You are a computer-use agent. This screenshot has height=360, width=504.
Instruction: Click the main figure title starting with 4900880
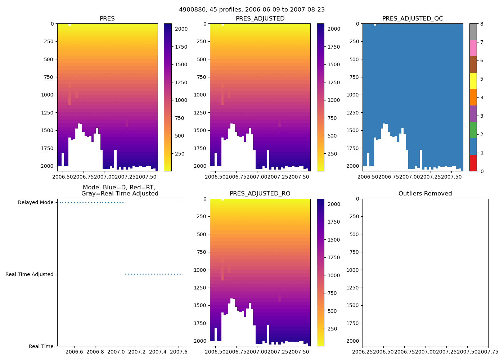click(x=252, y=10)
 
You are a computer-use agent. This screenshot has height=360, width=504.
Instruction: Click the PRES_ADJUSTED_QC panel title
click(x=413, y=19)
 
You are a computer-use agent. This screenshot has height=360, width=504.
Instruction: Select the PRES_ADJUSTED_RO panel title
click(x=260, y=194)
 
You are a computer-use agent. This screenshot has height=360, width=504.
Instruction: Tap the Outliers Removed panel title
click(x=425, y=194)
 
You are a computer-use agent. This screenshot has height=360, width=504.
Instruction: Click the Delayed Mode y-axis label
click(x=35, y=203)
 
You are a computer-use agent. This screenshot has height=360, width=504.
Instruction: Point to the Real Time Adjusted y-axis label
click(x=30, y=274)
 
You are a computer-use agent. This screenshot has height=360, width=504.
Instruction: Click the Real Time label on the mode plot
click(x=41, y=346)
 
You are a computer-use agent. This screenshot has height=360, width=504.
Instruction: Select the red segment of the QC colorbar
click(x=473, y=163)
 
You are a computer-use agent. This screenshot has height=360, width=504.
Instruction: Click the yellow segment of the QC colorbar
click(x=473, y=81)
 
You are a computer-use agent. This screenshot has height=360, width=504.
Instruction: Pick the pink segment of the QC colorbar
click(x=473, y=48)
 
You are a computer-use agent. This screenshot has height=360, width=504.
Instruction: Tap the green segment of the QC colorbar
click(x=473, y=130)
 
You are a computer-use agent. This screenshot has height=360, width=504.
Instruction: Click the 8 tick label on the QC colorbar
click(x=482, y=24)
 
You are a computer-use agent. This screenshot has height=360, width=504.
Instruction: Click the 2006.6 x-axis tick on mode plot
click(x=75, y=351)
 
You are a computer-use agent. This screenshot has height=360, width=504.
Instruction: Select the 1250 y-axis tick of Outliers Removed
click(x=353, y=288)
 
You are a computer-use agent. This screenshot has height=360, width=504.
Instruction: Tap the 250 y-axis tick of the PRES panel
click(x=49, y=41)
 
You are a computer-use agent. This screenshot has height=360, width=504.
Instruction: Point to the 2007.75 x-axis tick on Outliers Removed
click(x=488, y=351)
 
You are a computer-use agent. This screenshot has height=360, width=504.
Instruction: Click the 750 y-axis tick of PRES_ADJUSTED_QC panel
click(x=354, y=77)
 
